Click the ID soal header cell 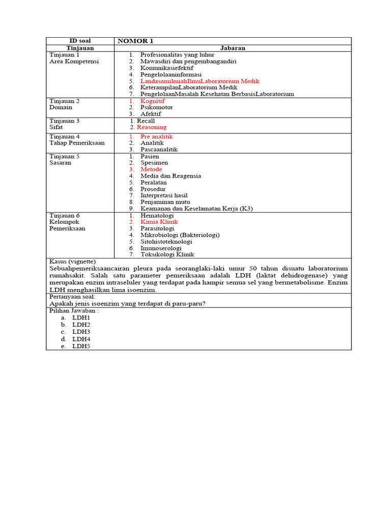(80, 41)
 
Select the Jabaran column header (233, 48)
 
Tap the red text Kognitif (152, 101)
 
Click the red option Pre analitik (156, 136)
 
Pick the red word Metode (151, 169)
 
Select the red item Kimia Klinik (159, 222)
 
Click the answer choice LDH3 (81, 332)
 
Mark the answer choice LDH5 (81, 346)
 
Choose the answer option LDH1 (81, 317)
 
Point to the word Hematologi (157, 215)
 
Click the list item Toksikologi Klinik (167, 254)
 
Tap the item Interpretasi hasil (164, 195)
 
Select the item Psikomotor (156, 107)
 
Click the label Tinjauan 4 (64, 136)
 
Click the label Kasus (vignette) (73, 262)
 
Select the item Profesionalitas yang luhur (177, 54)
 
